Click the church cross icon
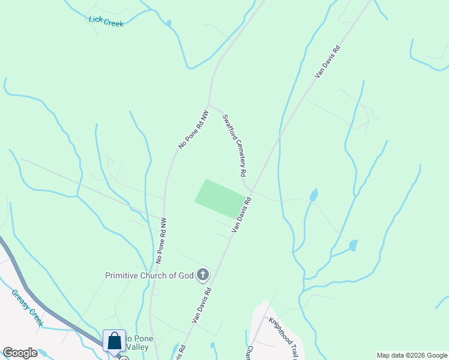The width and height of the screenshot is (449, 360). tap(203, 275)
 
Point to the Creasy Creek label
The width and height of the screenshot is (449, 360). tap(27, 308)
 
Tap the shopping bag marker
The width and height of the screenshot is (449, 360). tap(114, 341)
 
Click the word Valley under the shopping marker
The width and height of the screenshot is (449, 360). tap(137, 347)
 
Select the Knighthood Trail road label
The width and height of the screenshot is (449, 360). tap(283, 336)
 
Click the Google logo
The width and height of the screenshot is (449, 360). tap(20, 353)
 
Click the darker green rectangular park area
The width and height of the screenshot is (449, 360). tap(220, 199)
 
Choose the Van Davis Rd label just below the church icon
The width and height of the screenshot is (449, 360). tap(202, 305)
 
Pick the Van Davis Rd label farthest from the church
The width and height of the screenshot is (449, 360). tap(328, 61)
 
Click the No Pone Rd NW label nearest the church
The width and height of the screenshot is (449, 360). tap(160, 241)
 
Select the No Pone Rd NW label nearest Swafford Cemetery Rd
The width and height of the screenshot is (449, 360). tap(194, 129)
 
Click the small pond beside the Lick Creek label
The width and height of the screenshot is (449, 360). tap(169, 23)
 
